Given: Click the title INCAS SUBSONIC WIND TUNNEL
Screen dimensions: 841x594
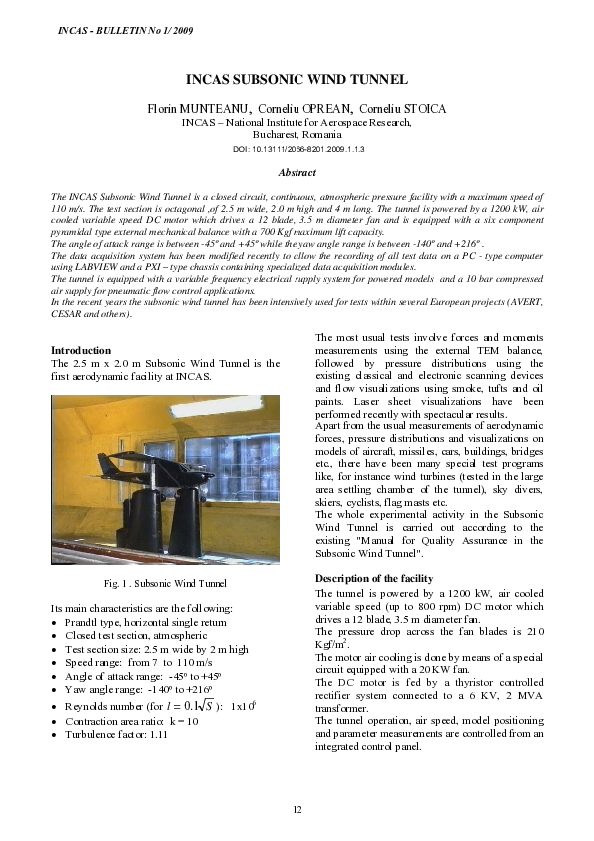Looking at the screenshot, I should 297,79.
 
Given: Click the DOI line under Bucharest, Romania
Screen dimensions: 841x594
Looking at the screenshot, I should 297,148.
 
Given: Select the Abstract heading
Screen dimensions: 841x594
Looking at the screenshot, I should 297,173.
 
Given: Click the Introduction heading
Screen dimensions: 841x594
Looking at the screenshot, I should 81,351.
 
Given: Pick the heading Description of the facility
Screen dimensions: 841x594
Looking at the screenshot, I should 374,578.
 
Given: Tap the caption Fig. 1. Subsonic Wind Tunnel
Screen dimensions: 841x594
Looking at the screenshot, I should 166,583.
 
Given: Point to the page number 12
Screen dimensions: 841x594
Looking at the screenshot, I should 297,808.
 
